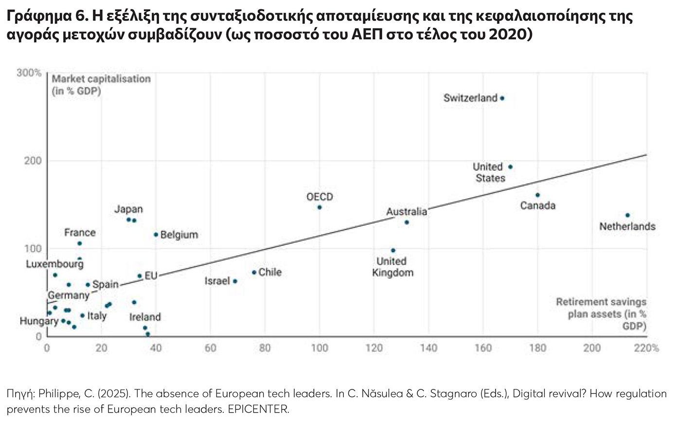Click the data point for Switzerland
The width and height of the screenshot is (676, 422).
502,98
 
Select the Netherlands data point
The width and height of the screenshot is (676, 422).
627,215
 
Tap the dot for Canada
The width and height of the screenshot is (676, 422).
537,195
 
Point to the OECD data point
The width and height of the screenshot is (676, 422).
320,207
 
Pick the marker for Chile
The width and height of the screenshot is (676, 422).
254,272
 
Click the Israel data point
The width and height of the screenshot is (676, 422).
235,281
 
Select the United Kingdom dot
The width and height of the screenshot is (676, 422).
393,251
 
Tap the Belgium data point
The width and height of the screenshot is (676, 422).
156,235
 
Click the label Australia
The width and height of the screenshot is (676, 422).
407,212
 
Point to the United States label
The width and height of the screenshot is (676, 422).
488,172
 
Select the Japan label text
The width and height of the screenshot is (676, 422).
128,209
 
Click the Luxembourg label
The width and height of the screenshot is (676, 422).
54,264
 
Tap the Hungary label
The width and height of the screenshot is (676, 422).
39,321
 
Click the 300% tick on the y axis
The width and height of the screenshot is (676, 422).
29,73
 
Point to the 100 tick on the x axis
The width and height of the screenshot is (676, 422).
320,348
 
